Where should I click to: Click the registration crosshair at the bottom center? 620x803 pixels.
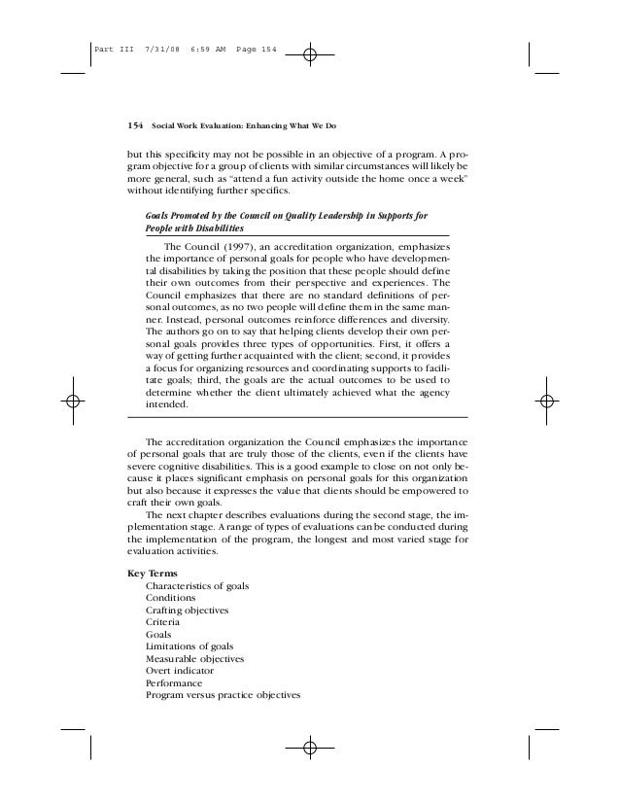310,749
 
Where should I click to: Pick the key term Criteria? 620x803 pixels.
161,620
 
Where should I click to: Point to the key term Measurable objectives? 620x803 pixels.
194,658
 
